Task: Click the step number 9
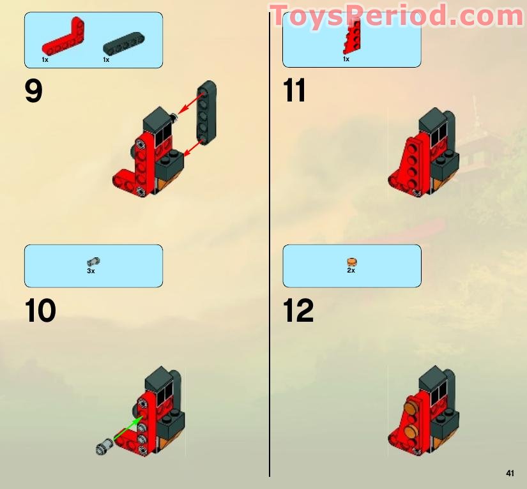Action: click(34, 91)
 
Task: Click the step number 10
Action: click(41, 311)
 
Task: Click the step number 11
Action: click(294, 91)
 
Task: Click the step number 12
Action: click(298, 311)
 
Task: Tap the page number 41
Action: click(510, 473)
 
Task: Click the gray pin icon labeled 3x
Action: click(91, 261)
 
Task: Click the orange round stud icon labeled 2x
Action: click(351, 261)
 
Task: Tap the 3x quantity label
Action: click(91, 271)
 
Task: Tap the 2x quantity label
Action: click(351, 271)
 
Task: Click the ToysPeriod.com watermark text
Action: click(396, 15)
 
